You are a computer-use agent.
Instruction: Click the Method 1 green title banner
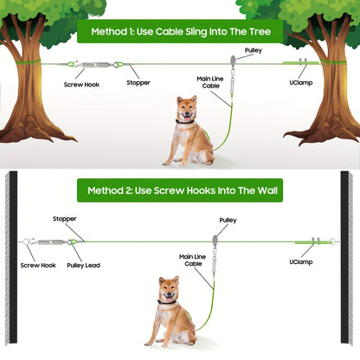(180, 33)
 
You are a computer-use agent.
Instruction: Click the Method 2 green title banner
(180, 190)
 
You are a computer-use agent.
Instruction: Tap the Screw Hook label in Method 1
(80, 85)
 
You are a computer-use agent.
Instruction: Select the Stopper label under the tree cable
(138, 83)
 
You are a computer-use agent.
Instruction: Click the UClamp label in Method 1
(297, 83)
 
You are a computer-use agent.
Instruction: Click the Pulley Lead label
(82, 266)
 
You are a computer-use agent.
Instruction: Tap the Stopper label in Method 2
(65, 220)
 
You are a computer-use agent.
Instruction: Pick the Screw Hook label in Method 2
(37, 266)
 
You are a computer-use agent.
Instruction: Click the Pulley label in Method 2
(228, 221)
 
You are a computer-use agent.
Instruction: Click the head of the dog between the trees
(184, 111)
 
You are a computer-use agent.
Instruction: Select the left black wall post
(11, 260)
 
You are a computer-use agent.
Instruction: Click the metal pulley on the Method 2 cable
(215, 240)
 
